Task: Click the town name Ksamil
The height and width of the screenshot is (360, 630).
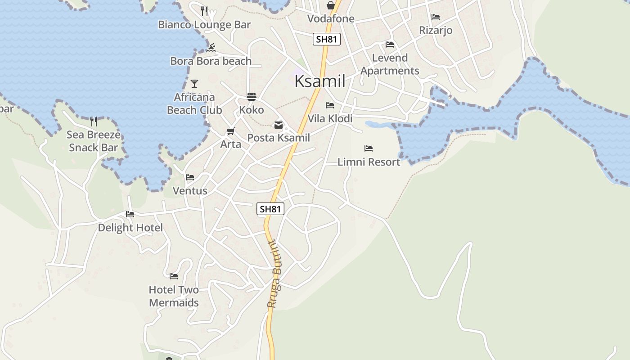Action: tap(319, 81)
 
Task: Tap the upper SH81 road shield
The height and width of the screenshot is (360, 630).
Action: tap(326, 39)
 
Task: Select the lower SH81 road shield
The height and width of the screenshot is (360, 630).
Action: tap(270, 209)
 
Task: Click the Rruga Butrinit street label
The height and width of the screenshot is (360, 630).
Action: tap(274, 274)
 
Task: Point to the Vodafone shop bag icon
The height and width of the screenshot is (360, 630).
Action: tap(330, 5)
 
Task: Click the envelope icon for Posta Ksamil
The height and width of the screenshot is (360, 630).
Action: tap(279, 125)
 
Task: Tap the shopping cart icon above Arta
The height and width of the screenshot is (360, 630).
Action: tap(230, 131)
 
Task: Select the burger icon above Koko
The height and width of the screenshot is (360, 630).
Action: tap(251, 97)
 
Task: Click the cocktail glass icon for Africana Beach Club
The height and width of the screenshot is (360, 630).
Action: tap(194, 84)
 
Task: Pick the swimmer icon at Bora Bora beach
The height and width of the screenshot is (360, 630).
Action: tap(211, 48)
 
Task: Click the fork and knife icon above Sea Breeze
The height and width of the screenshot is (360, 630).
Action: tap(94, 121)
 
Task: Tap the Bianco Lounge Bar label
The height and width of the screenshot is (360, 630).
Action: tap(204, 25)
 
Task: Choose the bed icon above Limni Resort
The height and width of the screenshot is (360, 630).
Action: tap(369, 148)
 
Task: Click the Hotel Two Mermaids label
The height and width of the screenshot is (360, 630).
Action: tap(174, 296)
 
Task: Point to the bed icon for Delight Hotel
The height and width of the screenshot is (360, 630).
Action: tap(130, 214)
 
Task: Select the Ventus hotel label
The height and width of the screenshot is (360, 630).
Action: tap(190, 191)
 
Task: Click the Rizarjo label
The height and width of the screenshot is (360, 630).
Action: tap(435, 30)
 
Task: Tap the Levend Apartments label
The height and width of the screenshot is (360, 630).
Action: tap(390, 64)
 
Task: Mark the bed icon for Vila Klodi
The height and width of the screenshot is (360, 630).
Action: tap(330, 105)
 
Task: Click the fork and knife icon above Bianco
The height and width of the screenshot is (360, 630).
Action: tap(204, 11)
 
